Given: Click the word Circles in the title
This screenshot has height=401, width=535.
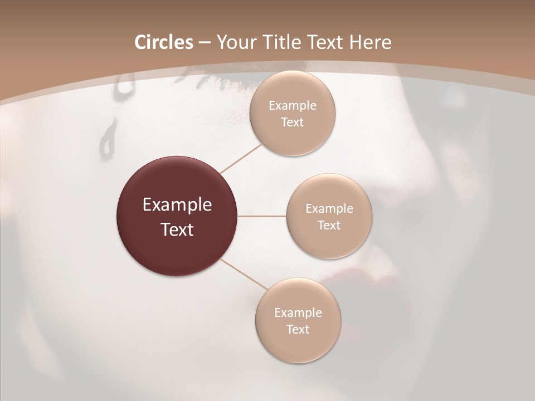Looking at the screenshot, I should point(163,42).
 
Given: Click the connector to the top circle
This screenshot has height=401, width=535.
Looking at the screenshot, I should point(241,158).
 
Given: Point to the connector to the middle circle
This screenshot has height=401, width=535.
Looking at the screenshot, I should point(262,216).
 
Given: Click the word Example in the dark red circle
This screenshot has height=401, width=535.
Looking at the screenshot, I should point(177,205).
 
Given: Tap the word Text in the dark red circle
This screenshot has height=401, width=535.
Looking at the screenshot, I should point(177,229).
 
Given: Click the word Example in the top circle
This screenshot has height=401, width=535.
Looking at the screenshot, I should point(293,105).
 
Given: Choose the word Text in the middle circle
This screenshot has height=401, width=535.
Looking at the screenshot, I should point(329,225).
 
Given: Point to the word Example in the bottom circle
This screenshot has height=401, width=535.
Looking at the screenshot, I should point(298,312).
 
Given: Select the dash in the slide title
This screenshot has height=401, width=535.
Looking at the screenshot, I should point(205,43).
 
